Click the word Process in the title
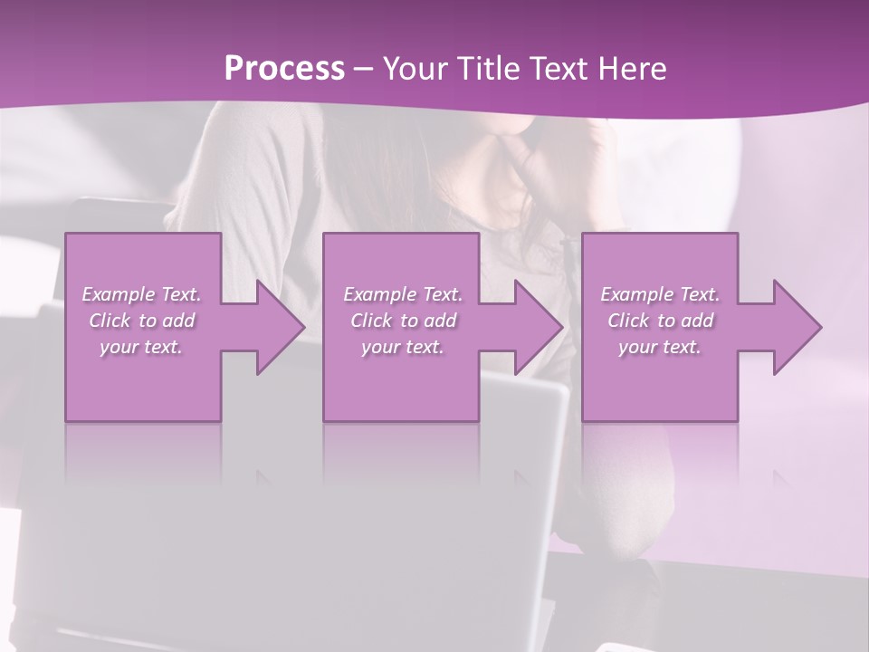pyautogui.click(x=284, y=69)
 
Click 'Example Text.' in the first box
pyautogui.click(x=141, y=294)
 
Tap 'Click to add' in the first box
pyautogui.click(x=141, y=321)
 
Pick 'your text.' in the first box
pyautogui.click(x=141, y=347)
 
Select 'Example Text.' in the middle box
pyautogui.click(x=403, y=294)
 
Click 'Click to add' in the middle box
pyautogui.click(x=403, y=321)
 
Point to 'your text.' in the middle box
pyautogui.click(x=403, y=347)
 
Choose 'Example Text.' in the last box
pyautogui.click(x=660, y=294)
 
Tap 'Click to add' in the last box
pyautogui.click(x=660, y=321)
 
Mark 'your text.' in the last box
pyautogui.click(x=660, y=347)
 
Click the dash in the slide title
pyautogui.click(x=364, y=70)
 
